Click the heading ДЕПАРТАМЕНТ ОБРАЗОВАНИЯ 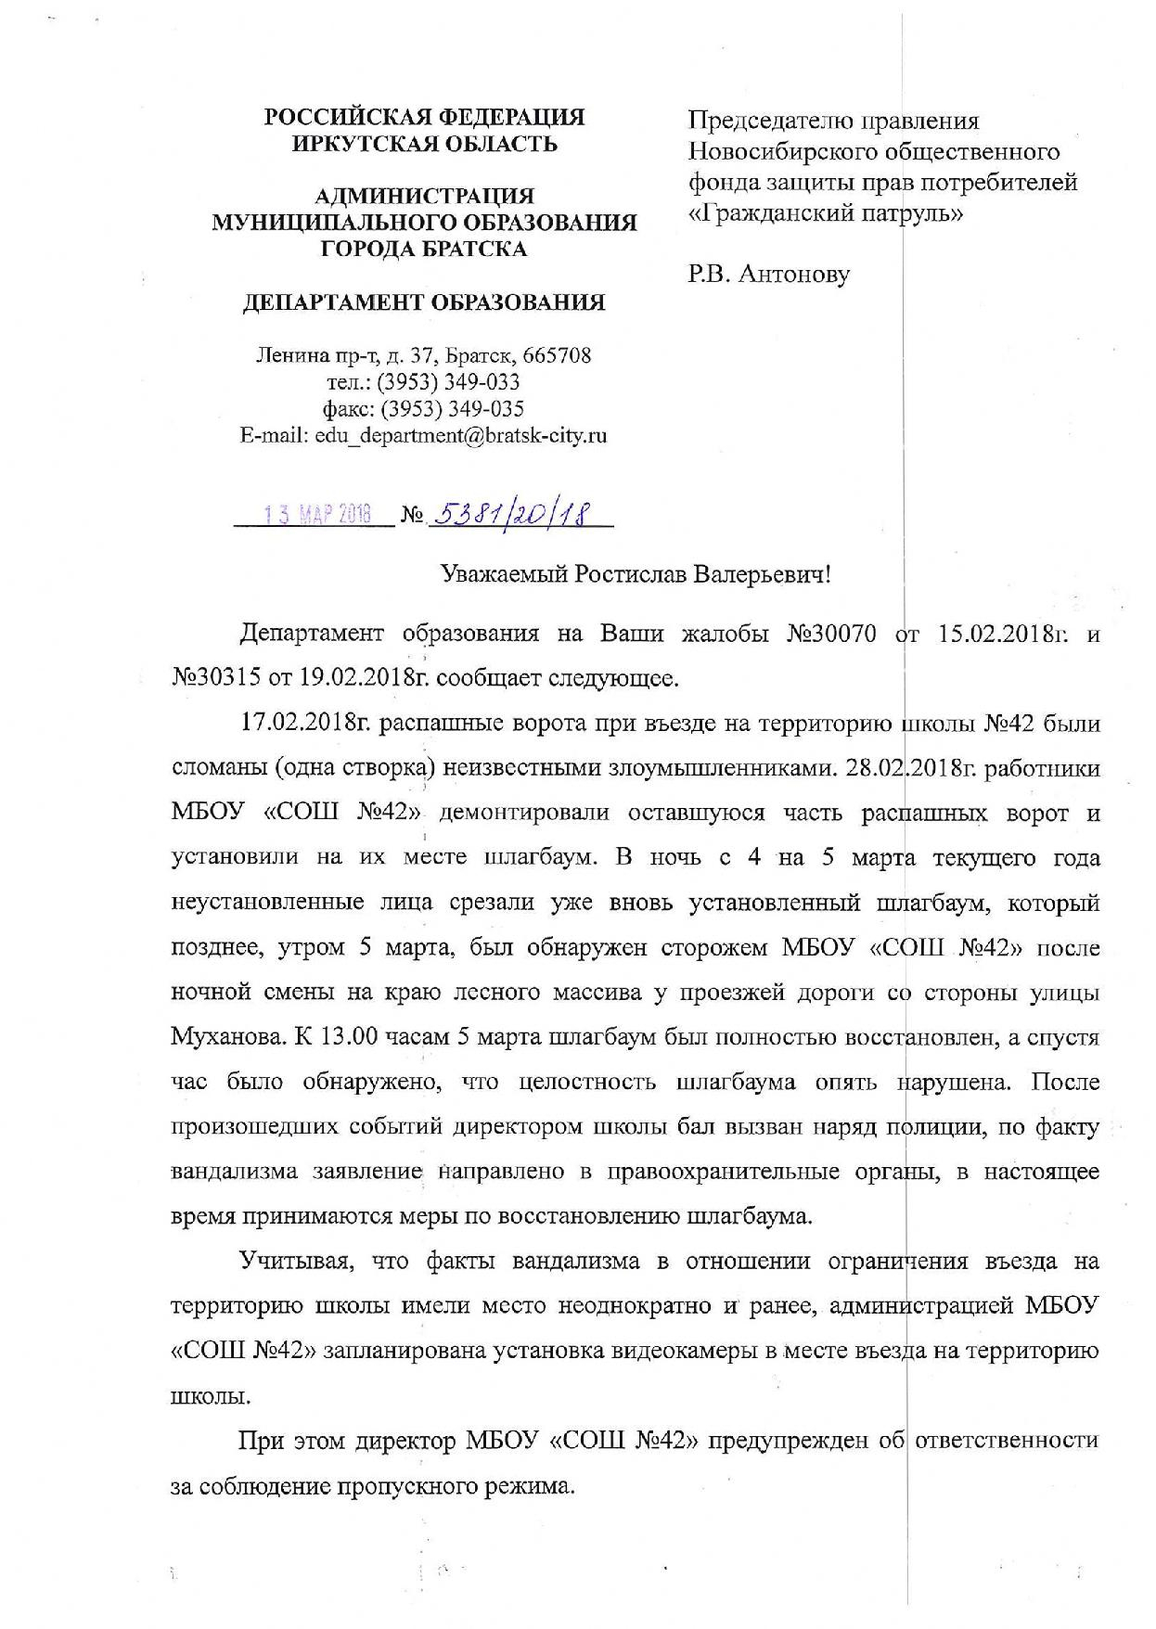click(424, 302)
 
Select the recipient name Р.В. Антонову click(768, 275)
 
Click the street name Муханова click(227, 1038)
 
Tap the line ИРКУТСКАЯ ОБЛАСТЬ click(424, 144)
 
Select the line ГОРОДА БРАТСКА click(424, 249)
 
